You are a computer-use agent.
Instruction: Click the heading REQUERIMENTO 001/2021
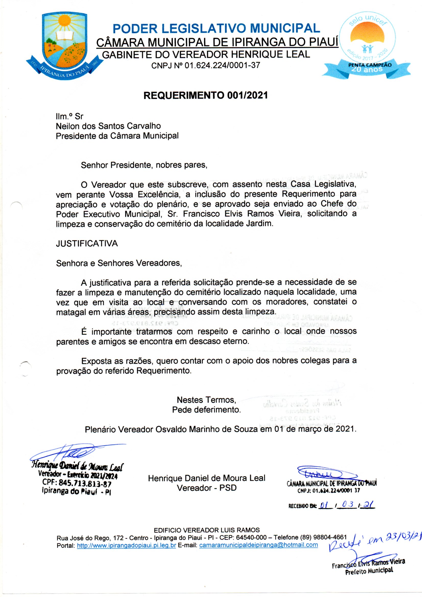[206, 95]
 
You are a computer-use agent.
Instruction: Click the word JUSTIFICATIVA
[87, 244]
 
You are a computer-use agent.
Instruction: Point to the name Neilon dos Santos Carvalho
[108, 126]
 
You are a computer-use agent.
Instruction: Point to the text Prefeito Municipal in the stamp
[369, 570]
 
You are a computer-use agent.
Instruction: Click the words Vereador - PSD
[207, 488]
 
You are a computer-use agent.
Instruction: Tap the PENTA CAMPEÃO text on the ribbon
[370, 65]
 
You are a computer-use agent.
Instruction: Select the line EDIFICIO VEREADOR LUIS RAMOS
[207, 530]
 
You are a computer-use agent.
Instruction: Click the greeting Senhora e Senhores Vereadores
[119, 263]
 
